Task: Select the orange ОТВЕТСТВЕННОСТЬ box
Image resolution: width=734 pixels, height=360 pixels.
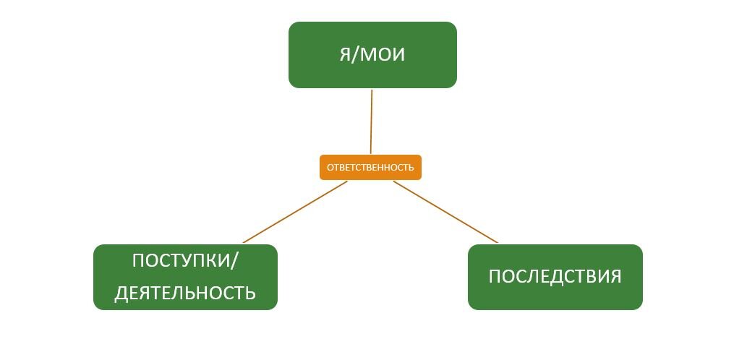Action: (x=370, y=168)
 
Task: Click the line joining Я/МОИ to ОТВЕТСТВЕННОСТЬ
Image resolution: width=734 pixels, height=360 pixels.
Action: (x=371, y=123)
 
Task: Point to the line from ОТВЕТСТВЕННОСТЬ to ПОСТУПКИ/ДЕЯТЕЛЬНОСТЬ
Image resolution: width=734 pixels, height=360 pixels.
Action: (x=295, y=212)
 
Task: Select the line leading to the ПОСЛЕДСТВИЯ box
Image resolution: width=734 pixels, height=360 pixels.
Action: (x=446, y=212)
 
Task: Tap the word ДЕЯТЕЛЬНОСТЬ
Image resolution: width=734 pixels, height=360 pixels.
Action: (x=185, y=293)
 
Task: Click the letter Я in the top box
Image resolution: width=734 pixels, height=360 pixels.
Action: (x=346, y=55)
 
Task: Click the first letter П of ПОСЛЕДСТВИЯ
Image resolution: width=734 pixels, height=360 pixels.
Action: (x=495, y=277)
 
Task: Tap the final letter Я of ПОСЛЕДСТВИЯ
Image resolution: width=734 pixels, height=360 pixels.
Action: (x=615, y=277)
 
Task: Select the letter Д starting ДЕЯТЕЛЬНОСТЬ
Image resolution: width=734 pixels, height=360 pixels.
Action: (x=121, y=293)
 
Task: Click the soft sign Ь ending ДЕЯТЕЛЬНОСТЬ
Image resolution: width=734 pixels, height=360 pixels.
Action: (x=250, y=293)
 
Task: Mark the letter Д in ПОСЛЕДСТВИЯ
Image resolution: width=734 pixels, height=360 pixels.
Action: (x=555, y=278)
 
